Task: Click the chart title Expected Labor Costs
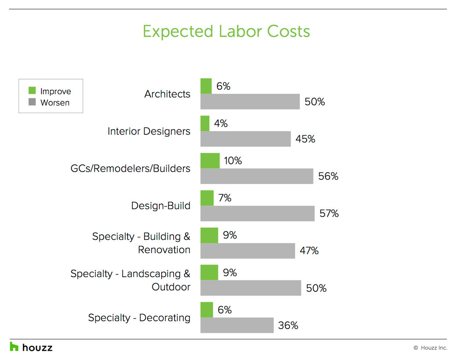tap(226, 31)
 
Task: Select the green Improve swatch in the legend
tap(32, 91)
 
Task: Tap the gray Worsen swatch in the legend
tap(32, 102)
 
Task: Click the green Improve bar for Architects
tap(206, 86)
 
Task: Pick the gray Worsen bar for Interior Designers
tap(246, 139)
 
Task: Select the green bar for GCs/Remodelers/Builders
tap(210, 161)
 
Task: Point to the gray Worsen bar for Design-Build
tap(257, 213)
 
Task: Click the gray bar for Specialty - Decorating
tap(237, 325)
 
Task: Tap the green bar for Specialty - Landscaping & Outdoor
tap(209, 273)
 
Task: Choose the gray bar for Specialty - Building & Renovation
tap(248, 250)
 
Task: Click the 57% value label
tap(329, 214)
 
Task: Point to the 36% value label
tap(288, 325)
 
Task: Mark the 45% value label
tap(305, 139)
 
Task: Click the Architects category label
tap(167, 94)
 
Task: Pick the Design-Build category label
tap(161, 206)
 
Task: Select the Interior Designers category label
tap(149, 131)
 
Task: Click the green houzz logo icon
tap(14, 347)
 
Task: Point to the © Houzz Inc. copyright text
tap(430, 348)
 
